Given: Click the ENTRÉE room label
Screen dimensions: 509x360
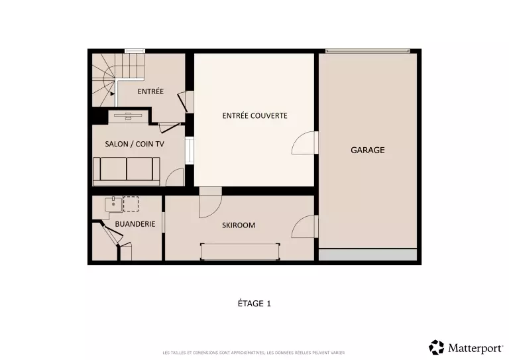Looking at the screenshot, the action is (x=150, y=91).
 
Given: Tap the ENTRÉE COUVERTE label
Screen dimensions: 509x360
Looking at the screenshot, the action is (x=254, y=115).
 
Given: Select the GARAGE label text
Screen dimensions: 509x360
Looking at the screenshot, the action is (x=367, y=150).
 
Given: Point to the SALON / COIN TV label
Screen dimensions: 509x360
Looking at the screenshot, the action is (x=135, y=144).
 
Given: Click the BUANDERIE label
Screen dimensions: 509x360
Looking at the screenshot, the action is (x=135, y=224).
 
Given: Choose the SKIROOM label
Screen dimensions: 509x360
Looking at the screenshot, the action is (x=239, y=225).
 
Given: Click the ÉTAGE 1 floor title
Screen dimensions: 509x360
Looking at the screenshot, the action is (x=254, y=304).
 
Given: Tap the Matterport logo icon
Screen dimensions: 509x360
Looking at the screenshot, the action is (x=436, y=347).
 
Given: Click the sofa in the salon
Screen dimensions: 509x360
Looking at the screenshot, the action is (x=127, y=172).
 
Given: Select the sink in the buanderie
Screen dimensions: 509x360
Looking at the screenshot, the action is (x=113, y=204).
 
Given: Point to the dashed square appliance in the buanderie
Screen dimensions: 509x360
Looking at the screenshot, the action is (x=131, y=204).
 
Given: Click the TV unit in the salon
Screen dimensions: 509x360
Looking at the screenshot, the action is (x=128, y=116).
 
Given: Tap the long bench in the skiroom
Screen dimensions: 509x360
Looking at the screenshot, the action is (x=240, y=251).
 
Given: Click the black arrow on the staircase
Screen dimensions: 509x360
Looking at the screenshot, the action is (x=112, y=94).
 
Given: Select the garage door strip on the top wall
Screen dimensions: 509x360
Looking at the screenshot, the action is (x=368, y=51).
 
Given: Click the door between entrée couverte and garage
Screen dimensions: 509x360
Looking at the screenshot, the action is (x=304, y=143).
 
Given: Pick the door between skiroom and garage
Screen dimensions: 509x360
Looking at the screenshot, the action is (x=304, y=227).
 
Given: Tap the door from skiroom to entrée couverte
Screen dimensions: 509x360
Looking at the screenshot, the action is (x=211, y=203).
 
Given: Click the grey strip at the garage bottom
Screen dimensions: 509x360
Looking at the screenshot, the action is (x=368, y=255).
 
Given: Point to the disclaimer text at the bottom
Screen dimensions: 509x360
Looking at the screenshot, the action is (x=254, y=353).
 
